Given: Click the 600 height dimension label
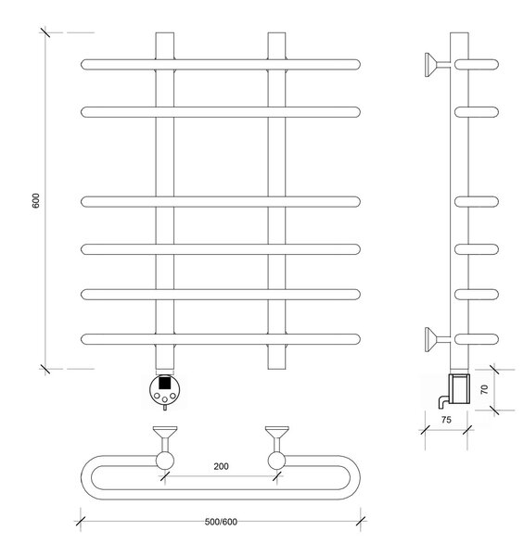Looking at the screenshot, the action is (x=36, y=201).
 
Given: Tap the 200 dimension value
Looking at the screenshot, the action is (x=221, y=466).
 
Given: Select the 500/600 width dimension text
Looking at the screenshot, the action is (x=221, y=522).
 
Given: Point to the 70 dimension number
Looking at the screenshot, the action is (x=484, y=389).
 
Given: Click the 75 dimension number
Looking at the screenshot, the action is (x=446, y=420).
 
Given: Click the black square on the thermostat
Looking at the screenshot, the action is (x=164, y=383).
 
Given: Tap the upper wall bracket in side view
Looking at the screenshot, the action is (x=437, y=65).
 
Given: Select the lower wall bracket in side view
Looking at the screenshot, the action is (x=437, y=339).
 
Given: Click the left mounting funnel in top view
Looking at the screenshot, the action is (x=165, y=432).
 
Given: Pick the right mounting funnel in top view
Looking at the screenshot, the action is (x=277, y=432).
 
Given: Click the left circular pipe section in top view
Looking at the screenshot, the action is (x=165, y=461).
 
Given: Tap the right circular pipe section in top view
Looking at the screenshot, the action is (x=276, y=461).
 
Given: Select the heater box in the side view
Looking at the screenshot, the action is (x=459, y=388).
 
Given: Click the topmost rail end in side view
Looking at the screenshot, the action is (x=477, y=65).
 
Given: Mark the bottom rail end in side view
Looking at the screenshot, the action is (x=477, y=339).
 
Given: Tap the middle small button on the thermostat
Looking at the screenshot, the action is (x=164, y=399).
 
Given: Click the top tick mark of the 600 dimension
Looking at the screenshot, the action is (x=45, y=32).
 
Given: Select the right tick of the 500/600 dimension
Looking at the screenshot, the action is (x=361, y=521).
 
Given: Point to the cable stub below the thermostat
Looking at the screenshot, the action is (x=164, y=407).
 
